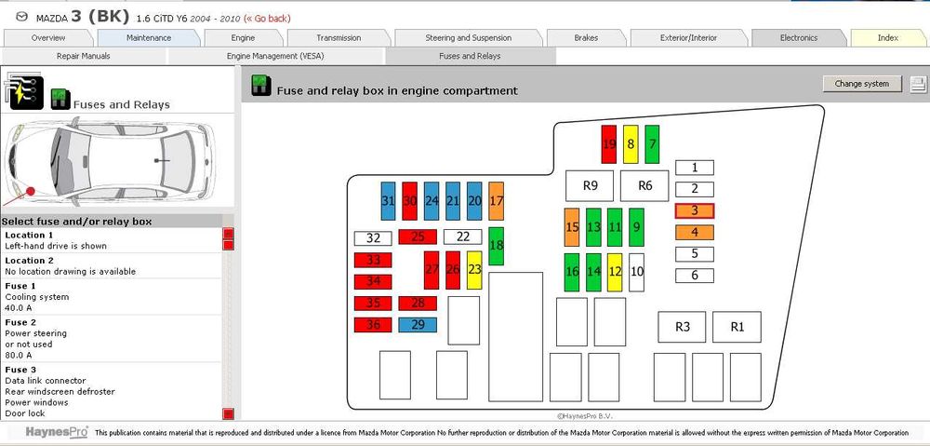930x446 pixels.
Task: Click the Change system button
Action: [x=862, y=84]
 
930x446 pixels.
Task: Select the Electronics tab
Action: [x=799, y=38]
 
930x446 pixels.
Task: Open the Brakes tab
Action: [x=586, y=38]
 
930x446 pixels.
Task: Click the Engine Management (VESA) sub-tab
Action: [x=275, y=57]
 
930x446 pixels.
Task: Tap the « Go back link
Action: [x=268, y=19]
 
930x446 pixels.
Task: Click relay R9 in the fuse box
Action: [x=590, y=186]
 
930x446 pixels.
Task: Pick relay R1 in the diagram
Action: [x=737, y=327]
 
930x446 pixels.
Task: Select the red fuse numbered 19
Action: [x=609, y=144]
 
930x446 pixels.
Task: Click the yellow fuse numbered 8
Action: [x=631, y=144]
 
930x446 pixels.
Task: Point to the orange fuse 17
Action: [x=497, y=201]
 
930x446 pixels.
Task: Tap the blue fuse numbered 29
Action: [x=418, y=325]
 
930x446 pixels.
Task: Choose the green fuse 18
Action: [x=497, y=246]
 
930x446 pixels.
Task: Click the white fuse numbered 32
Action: [x=373, y=238]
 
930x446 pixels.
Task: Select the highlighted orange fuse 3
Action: [x=695, y=210]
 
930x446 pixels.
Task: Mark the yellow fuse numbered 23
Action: [x=474, y=270]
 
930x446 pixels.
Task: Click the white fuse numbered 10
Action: [x=636, y=273]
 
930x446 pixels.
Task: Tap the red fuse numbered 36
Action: [x=373, y=325]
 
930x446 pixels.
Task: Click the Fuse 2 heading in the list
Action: [x=20, y=322]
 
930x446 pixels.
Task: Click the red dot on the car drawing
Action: [x=31, y=191]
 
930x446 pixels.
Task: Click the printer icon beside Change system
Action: [x=918, y=84]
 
